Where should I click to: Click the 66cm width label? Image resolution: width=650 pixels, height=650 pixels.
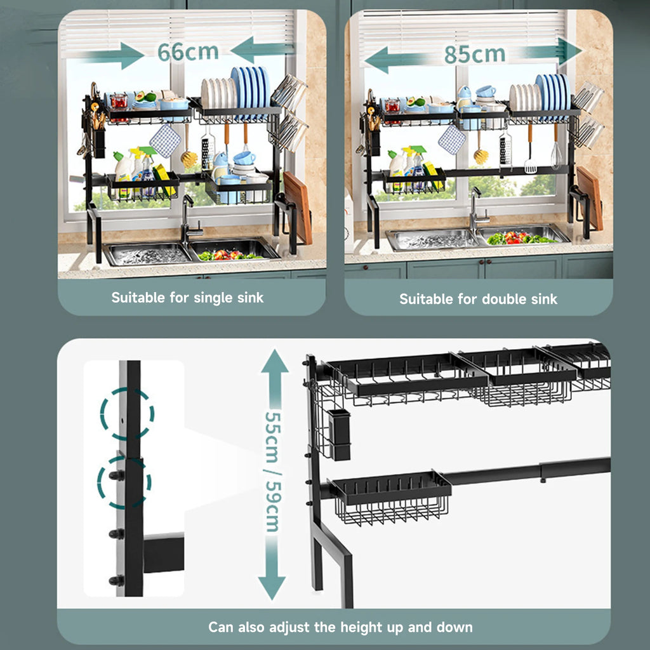click(x=188, y=52)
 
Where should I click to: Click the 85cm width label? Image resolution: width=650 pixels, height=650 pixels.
click(x=475, y=55)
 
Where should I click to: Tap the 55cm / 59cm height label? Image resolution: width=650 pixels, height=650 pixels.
click(x=273, y=472)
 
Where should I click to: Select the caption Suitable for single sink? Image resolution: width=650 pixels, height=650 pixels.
click(x=187, y=298)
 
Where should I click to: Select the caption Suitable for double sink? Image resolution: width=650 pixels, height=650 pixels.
click(x=478, y=299)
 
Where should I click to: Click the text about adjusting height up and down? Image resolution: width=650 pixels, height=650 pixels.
click(x=340, y=627)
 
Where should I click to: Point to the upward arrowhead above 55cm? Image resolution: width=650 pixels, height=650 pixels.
click(x=274, y=361)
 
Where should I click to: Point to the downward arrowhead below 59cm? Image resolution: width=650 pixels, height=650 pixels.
click(x=272, y=588)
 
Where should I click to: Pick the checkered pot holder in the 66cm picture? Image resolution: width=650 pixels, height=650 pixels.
click(x=165, y=141)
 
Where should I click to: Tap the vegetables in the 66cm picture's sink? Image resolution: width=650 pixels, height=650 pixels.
click(x=229, y=255)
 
